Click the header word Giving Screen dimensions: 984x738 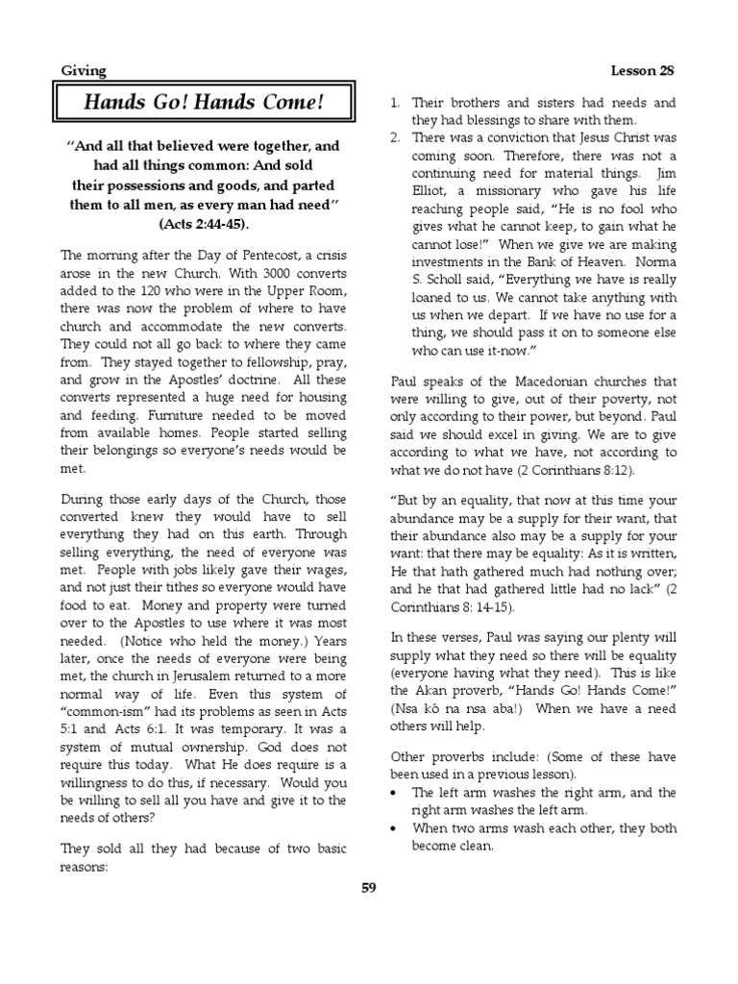click(84, 70)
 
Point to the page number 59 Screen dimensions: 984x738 click(369, 887)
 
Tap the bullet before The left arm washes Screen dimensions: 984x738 click(396, 793)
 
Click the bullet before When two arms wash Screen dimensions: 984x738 click(396, 827)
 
